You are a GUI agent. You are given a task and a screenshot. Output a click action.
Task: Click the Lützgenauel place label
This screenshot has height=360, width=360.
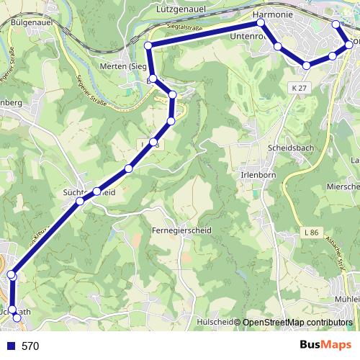(181, 9)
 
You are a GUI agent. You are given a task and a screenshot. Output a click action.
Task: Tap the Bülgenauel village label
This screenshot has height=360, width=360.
(32, 23)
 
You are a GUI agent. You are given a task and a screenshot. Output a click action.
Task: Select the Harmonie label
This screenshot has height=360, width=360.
(272, 14)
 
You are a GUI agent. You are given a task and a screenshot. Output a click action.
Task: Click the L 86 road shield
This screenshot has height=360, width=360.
(311, 233)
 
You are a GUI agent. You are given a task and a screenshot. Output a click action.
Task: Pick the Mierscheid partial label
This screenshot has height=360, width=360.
(344, 186)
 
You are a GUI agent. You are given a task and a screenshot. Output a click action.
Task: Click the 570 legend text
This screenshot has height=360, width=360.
(30, 346)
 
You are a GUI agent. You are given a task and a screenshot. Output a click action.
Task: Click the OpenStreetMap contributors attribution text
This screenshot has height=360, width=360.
(297, 323)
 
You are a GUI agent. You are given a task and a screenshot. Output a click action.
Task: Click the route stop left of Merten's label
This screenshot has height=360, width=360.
(148, 46)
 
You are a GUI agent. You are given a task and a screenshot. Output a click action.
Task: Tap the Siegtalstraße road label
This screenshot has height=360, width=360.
(182, 27)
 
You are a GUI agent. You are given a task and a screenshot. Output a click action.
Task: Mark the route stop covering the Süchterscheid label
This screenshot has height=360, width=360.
(96, 192)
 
